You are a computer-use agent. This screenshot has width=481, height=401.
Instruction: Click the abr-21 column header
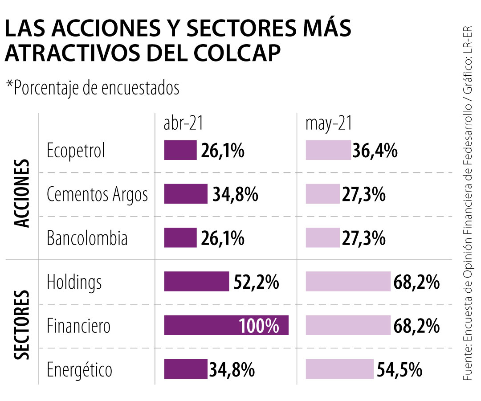(183, 124)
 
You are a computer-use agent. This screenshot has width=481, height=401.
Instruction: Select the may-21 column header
(328, 124)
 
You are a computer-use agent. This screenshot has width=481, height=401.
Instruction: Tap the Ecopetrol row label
(76, 151)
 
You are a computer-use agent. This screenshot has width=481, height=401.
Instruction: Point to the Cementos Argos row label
(97, 194)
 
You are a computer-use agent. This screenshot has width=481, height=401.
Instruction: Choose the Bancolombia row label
(87, 238)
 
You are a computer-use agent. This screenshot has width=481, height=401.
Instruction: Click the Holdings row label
(74, 282)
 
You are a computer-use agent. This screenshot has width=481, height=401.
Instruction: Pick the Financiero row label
(78, 326)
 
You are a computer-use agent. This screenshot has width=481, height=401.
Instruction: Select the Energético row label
(79, 370)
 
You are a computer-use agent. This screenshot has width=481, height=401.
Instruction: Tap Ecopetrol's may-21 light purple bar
(328, 150)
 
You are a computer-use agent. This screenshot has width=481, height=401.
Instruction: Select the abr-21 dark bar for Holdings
(196, 282)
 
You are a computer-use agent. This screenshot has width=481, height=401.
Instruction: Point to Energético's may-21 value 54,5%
(399, 369)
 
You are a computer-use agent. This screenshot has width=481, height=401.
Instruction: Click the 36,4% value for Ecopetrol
(375, 151)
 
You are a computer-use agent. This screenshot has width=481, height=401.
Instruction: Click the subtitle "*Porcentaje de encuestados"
(93, 88)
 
